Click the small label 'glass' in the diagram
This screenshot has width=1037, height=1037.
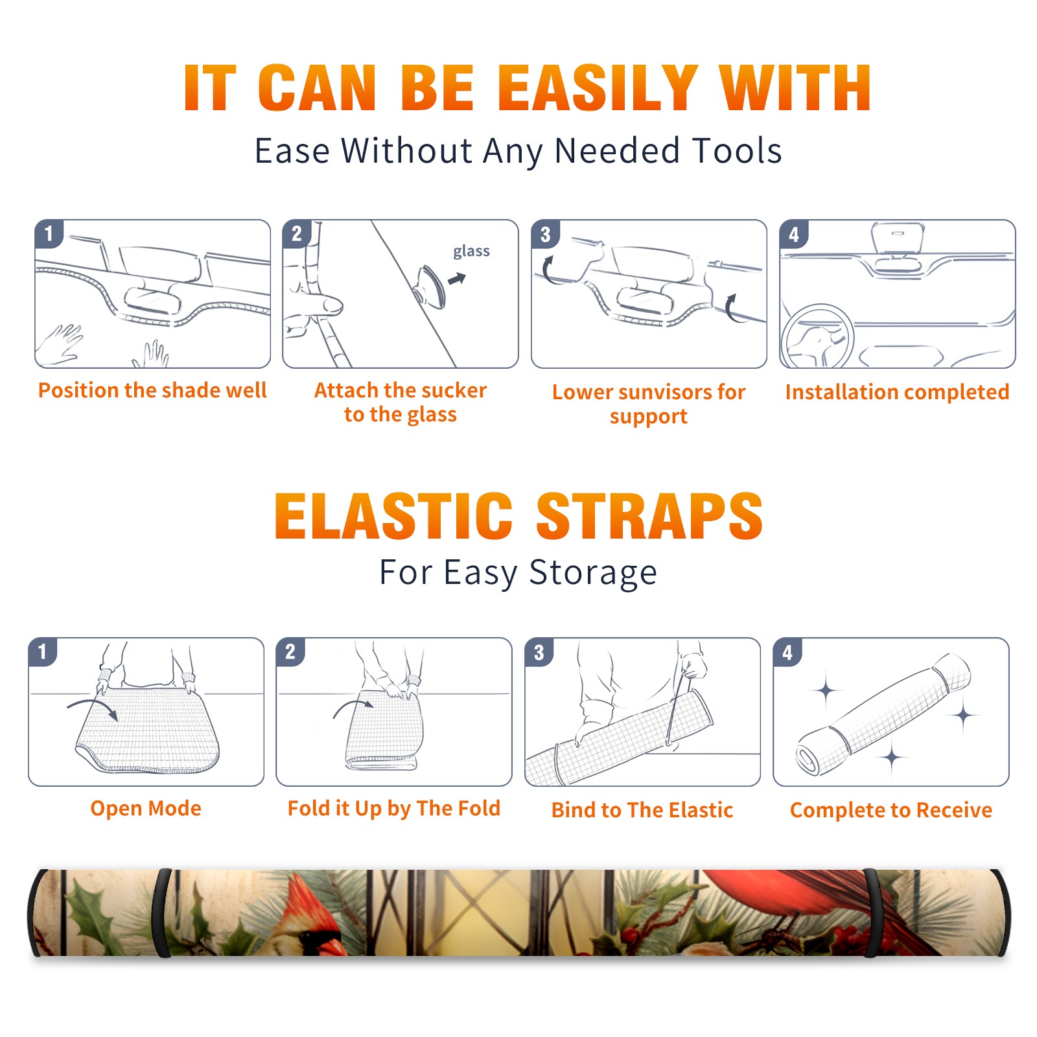[471, 251]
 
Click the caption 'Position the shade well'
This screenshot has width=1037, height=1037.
[152, 390]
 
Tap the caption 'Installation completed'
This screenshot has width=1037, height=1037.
[897, 391]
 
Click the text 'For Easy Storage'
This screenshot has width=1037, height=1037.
[518, 572]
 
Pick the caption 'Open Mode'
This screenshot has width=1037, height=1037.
[146, 808]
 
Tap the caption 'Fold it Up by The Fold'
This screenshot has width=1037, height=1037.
[394, 808]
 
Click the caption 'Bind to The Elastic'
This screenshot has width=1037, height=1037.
[642, 810]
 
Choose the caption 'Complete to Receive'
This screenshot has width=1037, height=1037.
[891, 810]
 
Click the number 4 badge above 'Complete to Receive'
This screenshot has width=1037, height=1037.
[787, 652]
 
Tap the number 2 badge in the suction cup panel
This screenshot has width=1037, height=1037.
[297, 234]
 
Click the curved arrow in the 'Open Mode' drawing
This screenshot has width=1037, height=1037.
[93, 707]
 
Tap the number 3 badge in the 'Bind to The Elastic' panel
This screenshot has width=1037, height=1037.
[539, 652]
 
